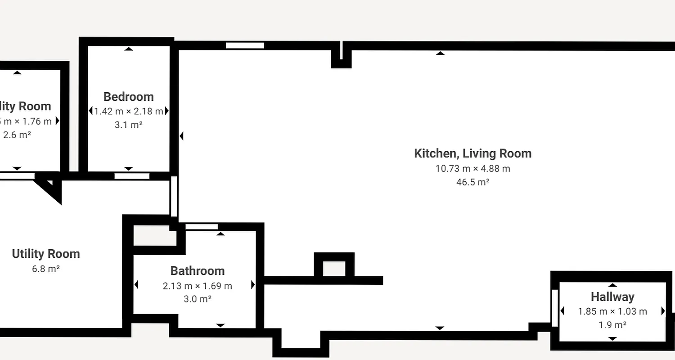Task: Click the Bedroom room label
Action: tap(128, 97)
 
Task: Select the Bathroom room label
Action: tap(198, 271)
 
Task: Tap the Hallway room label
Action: tap(612, 297)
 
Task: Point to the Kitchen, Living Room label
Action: tap(472, 153)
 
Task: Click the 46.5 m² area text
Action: tap(472, 182)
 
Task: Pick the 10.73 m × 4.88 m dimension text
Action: tap(472, 169)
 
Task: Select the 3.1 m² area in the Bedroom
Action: tap(128, 125)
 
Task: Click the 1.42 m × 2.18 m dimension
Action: tap(128, 111)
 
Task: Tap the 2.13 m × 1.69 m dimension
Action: tap(198, 286)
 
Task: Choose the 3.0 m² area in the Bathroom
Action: tap(198, 299)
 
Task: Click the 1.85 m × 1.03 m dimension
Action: tap(612, 311)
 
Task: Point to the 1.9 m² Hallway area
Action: tap(612, 325)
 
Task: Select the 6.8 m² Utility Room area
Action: tap(46, 269)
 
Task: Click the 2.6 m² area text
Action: tap(17, 135)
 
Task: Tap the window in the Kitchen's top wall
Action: tap(245, 45)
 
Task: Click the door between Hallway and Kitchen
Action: tap(555, 308)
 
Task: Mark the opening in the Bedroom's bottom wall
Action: tap(132, 176)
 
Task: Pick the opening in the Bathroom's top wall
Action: tap(201, 227)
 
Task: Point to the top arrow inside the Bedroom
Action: tap(129, 49)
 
